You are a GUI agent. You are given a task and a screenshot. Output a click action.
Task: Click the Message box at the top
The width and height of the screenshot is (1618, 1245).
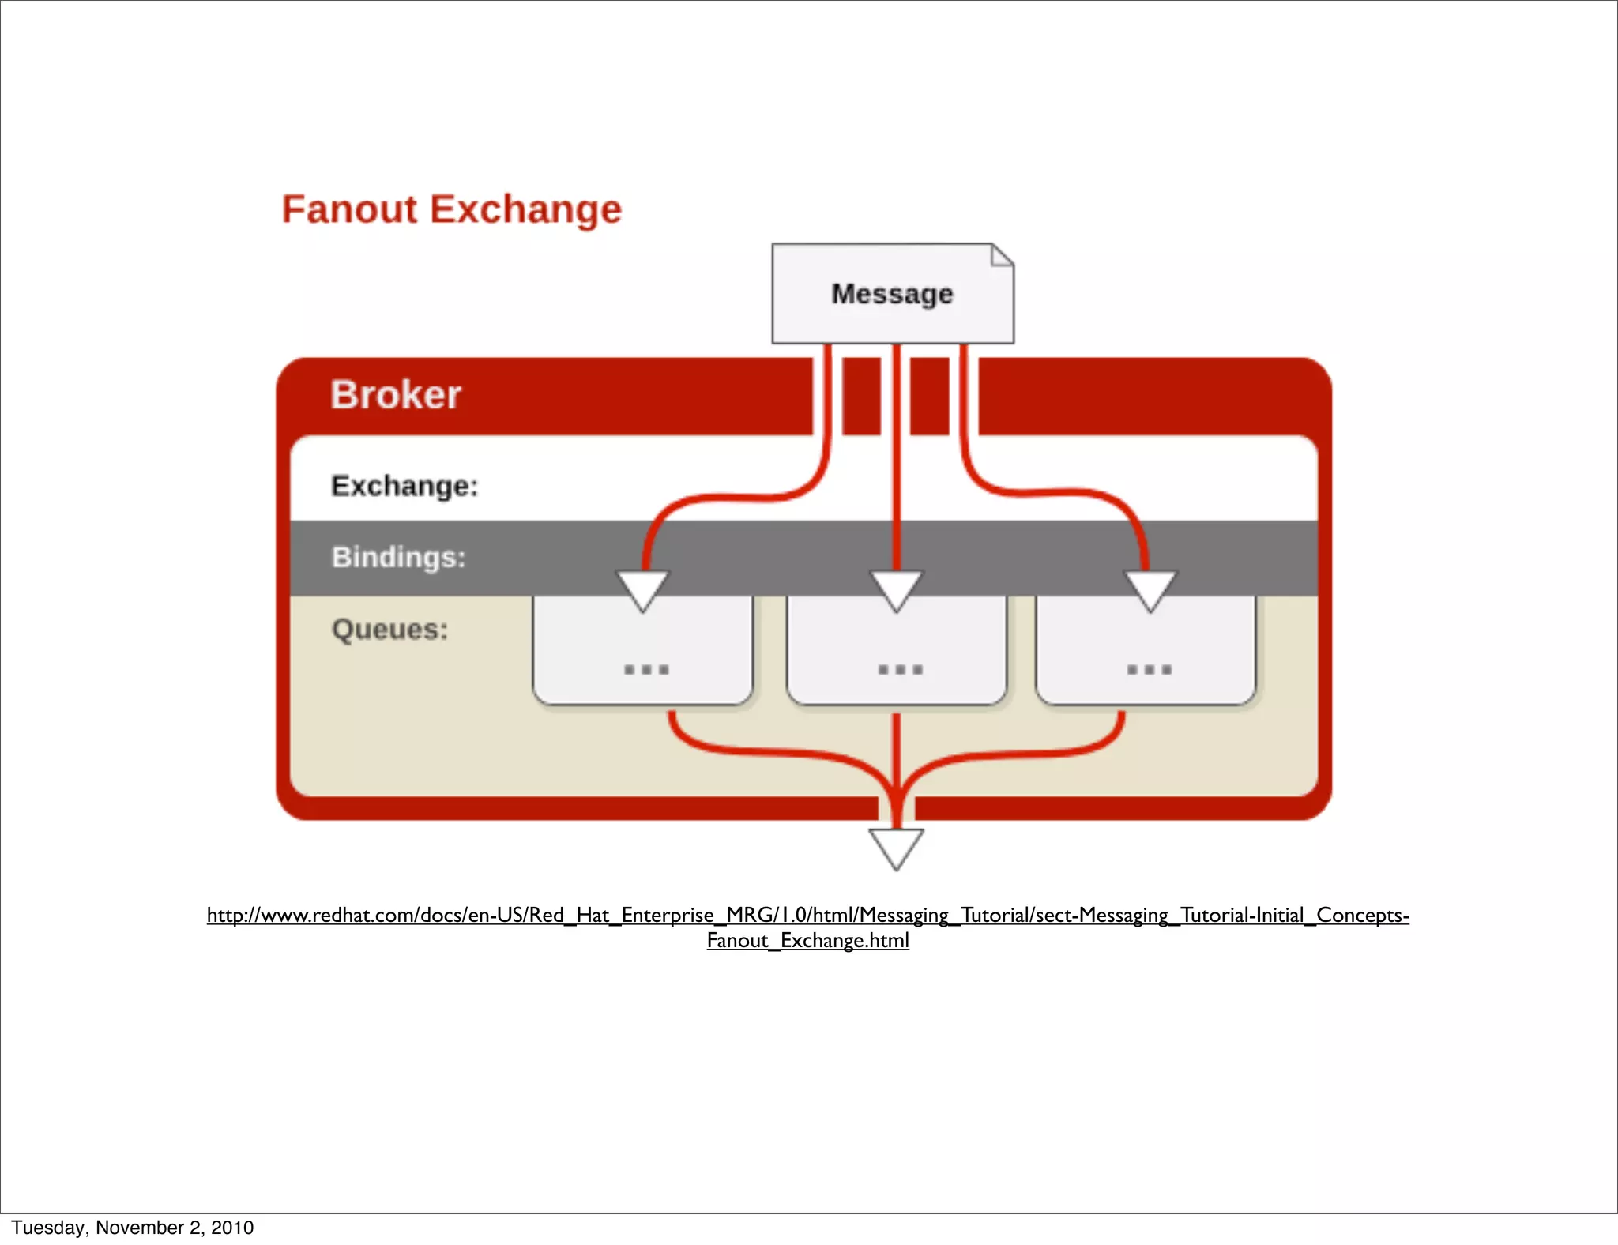[892, 294]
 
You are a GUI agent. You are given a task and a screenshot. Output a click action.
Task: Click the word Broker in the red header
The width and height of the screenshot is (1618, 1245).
[395, 395]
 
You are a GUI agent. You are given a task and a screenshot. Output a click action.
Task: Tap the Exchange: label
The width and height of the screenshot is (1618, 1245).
[404, 486]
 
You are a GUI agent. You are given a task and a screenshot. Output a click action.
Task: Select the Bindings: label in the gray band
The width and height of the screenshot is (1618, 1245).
[398, 557]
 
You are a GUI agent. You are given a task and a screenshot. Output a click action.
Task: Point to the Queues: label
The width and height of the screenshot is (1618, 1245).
[389, 630]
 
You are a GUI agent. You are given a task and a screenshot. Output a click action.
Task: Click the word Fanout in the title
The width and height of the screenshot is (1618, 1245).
[349, 210]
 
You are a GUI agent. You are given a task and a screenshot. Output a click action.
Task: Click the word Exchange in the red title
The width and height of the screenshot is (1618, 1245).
[525, 210]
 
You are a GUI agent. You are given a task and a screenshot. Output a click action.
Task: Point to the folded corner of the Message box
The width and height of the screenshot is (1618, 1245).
[1002, 254]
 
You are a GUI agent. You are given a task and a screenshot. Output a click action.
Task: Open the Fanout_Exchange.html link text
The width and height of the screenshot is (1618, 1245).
[807, 941]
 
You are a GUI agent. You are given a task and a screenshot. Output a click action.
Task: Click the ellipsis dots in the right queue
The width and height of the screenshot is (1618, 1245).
[1150, 670]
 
